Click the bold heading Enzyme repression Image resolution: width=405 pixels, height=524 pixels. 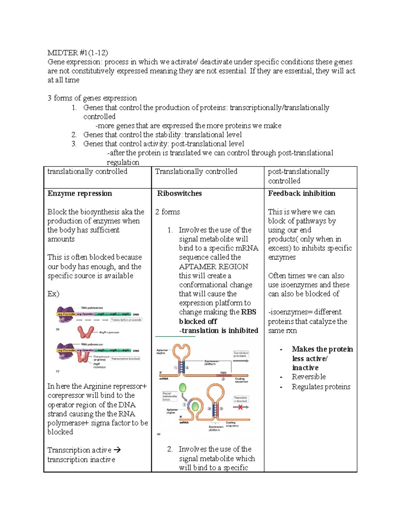[x=80, y=193]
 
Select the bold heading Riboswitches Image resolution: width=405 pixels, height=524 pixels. [x=179, y=193]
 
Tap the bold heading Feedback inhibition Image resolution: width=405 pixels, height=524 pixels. [x=301, y=193]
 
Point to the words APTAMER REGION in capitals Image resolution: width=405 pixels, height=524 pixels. [x=213, y=267]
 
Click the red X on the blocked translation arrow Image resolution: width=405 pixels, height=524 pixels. [x=240, y=407]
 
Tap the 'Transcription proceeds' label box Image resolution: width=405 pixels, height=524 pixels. [x=126, y=320]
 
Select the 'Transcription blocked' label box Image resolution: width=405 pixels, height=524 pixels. [x=125, y=359]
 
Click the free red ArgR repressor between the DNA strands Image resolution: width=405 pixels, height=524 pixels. [x=86, y=332]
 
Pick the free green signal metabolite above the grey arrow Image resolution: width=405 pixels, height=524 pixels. [x=183, y=388]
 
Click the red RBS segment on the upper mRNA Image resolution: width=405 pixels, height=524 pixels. [x=224, y=375]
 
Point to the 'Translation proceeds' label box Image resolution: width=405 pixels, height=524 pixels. [x=241, y=354]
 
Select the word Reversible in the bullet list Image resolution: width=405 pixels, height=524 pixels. [x=308, y=377]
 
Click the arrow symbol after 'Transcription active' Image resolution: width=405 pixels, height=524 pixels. [x=117, y=450]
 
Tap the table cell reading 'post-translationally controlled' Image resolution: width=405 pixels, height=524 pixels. [x=298, y=176]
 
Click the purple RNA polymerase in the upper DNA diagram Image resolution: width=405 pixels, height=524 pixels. [x=65, y=312]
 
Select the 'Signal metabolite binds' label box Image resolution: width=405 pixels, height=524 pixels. [x=169, y=396]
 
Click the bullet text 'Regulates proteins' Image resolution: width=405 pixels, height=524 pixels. [x=321, y=387]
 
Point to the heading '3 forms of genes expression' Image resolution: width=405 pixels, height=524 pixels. [x=92, y=98]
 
